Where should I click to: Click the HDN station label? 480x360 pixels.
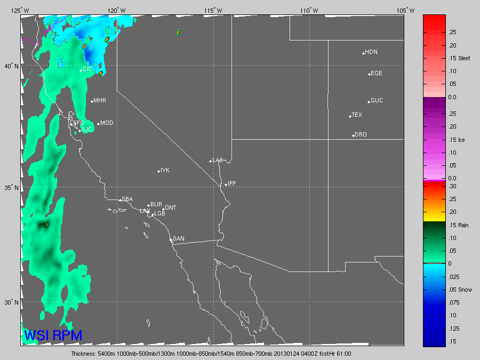click(x=371, y=52)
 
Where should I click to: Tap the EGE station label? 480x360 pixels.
click(x=377, y=73)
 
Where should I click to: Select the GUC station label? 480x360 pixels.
click(x=377, y=100)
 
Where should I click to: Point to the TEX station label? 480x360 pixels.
click(x=357, y=115)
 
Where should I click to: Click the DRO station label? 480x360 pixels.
click(x=361, y=134)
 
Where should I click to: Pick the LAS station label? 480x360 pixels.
click(x=218, y=160)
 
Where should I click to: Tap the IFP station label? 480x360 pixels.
click(x=231, y=183)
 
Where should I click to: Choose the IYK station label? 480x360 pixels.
click(x=165, y=170)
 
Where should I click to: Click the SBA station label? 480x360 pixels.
click(x=127, y=199)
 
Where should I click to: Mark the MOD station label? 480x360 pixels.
click(x=107, y=123)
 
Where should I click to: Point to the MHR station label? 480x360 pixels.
click(x=99, y=100)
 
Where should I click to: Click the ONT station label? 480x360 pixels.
click(x=171, y=207)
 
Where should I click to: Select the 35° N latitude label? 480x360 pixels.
click(x=11, y=188)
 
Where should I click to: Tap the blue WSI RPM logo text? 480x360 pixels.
click(x=53, y=335)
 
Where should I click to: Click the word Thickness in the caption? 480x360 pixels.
click(x=85, y=353)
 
